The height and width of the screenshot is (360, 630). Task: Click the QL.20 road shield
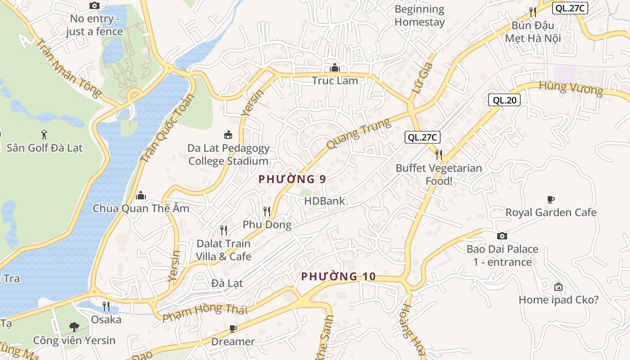[504, 100]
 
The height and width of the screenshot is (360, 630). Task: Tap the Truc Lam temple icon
[335, 68]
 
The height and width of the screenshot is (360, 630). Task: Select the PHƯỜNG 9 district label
[292, 179]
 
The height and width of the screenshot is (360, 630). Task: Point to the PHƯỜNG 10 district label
[338, 276]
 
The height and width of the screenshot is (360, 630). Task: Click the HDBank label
[324, 201]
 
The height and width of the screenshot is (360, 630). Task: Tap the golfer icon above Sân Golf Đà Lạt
[44, 134]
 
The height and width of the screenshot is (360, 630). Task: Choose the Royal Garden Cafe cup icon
[550, 199]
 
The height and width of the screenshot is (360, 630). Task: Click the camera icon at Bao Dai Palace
[502, 236]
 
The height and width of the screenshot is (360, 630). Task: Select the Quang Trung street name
[359, 134]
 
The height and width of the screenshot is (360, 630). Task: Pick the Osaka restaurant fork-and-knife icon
[106, 306]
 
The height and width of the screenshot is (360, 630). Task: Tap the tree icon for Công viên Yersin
[74, 327]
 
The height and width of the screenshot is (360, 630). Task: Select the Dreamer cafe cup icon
[233, 328]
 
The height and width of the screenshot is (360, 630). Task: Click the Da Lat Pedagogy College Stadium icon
[228, 135]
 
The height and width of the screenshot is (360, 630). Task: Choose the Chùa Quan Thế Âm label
[141, 208]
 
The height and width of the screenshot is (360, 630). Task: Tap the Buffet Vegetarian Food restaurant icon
[439, 155]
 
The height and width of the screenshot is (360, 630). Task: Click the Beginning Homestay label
[419, 16]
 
